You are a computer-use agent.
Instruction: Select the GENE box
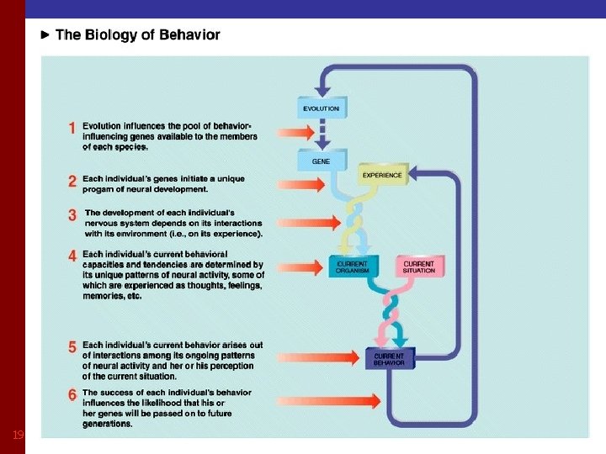pos(321,160)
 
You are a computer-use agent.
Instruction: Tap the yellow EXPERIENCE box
pos(382,175)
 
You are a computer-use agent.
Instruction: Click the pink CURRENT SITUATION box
pos(418,267)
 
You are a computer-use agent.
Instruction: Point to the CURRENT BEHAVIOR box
pos(389,359)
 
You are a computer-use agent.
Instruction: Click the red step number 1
pos(73,129)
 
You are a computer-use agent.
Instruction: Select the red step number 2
pos(73,180)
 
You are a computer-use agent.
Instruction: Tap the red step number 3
pos(73,214)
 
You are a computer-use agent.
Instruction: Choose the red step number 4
pos(73,256)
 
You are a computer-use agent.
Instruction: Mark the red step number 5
pos(73,346)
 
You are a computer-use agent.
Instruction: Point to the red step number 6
pos(73,394)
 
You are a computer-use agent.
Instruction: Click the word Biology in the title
pos(111,35)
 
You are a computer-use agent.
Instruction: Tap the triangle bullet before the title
pos(46,35)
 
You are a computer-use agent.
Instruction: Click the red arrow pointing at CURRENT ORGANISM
pos(298,266)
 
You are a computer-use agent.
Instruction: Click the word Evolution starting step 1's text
pos(103,125)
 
